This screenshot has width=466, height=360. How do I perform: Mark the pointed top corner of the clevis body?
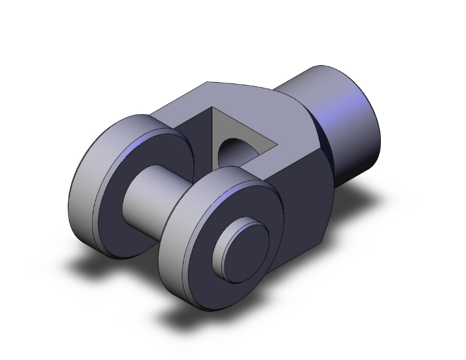coord(207,82)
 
